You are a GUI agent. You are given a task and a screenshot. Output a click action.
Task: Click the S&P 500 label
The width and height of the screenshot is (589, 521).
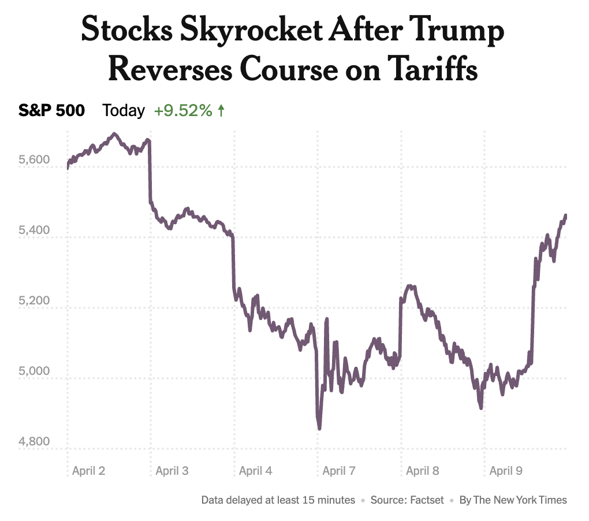pos(51,111)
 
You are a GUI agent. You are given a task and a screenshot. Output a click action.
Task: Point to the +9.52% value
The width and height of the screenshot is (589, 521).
pos(183,111)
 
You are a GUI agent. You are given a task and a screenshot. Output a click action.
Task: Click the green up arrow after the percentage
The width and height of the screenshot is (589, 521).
pos(221,111)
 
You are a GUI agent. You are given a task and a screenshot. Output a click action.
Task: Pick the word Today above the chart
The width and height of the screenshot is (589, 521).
pos(124,111)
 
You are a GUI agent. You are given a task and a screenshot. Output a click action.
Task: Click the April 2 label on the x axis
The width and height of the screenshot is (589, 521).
pos(88,471)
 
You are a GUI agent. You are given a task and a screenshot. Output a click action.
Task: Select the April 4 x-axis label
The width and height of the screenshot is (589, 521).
pos(255,471)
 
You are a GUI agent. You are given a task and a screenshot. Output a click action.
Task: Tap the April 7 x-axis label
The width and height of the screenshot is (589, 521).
pos(339,471)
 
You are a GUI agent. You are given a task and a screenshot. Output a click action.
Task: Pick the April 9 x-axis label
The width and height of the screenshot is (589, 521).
pos(506,471)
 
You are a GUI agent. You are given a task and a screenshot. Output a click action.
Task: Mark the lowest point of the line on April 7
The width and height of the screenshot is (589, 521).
pos(319,428)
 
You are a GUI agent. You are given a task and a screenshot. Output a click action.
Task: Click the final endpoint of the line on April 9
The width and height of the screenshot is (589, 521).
pos(565,216)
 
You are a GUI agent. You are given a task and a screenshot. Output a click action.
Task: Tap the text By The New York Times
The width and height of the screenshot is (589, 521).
pos(513,500)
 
